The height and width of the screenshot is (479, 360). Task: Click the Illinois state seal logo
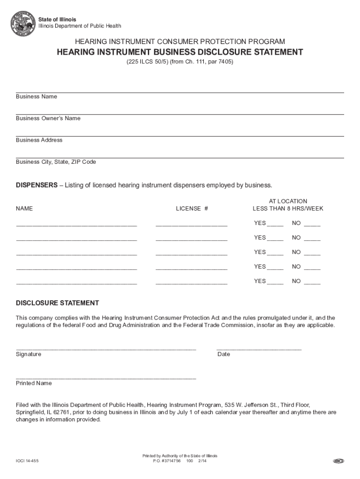pyautogui.click(x=23, y=23)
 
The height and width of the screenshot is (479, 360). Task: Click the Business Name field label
pyautogui.click(x=36, y=96)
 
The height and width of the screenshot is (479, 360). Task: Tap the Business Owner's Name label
pyautogui.click(x=48, y=118)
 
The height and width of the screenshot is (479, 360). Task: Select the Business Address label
pyautogui.click(x=39, y=140)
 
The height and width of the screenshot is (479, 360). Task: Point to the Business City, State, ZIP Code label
pyautogui.click(x=56, y=162)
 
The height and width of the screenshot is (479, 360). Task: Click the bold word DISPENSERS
pyautogui.click(x=36, y=185)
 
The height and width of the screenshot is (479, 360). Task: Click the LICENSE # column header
pyautogui.click(x=192, y=209)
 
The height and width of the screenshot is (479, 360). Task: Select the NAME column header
pyautogui.click(x=24, y=209)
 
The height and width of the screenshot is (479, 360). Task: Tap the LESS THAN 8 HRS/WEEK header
pyautogui.click(x=288, y=209)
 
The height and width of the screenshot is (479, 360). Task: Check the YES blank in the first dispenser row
pyautogui.click(x=275, y=224)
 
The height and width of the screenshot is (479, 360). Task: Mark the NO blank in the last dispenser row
pyautogui.click(x=312, y=282)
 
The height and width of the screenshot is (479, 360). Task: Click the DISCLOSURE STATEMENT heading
pyautogui.click(x=58, y=303)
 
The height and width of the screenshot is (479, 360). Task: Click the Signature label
pyautogui.click(x=29, y=354)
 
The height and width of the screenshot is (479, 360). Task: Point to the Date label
pyautogui.click(x=223, y=354)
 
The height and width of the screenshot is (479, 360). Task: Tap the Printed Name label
pyautogui.click(x=34, y=383)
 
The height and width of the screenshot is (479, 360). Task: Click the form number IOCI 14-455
pyautogui.click(x=27, y=461)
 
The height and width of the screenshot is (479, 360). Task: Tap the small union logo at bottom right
pyautogui.click(x=338, y=461)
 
